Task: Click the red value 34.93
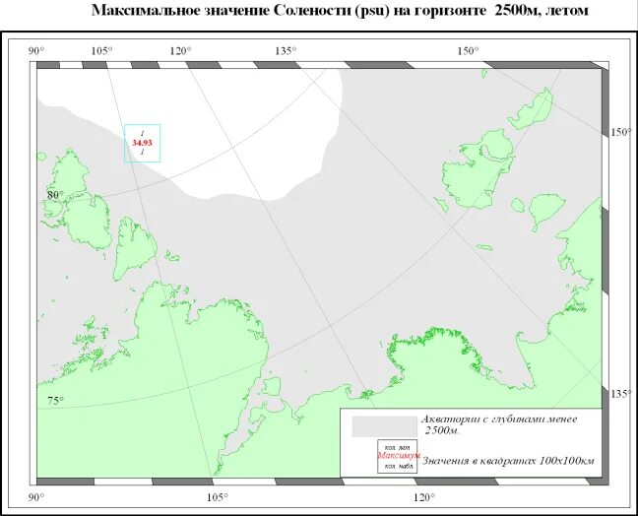[142, 143]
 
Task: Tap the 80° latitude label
[53, 194]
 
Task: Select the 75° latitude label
[54, 400]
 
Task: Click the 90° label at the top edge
[35, 51]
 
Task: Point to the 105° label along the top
[101, 51]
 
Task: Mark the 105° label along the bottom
[218, 497]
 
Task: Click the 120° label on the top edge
[180, 51]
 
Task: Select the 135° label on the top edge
[286, 51]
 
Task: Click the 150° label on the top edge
[467, 51]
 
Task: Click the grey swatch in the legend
[378, 426]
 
